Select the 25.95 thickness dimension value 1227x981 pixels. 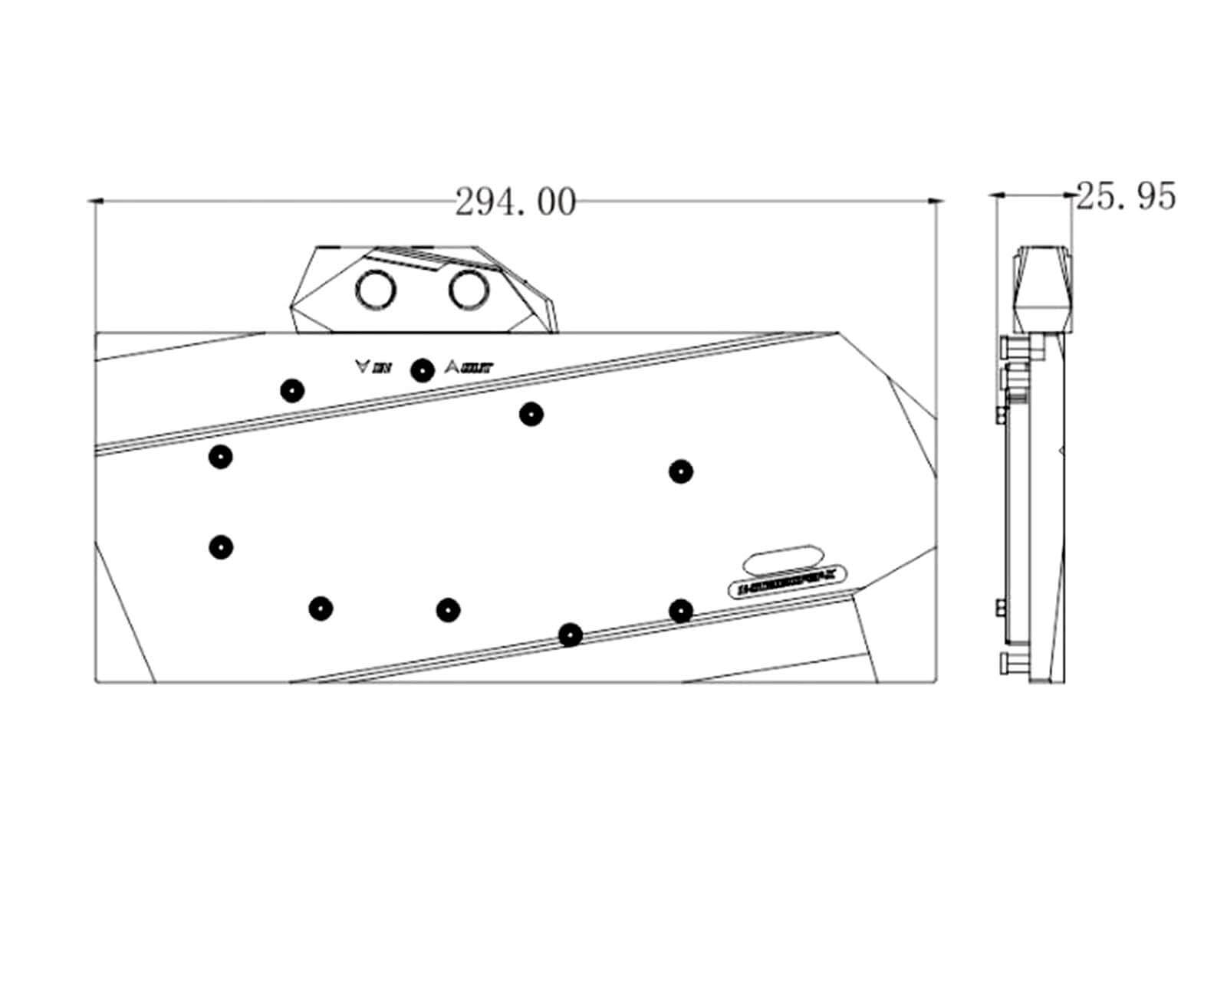click(x=1125, y=197)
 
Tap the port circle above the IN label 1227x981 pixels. click(x=376, y=290)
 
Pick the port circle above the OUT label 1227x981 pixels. click(x=469, y=290)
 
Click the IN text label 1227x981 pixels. click(x=382, y=369)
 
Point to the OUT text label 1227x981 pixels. click(x=476, y=369)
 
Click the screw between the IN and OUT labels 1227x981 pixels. click(x=422, y=370)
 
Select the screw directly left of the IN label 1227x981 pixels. click(x=291, y=390)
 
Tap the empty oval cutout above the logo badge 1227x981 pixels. click(x=783, y=558)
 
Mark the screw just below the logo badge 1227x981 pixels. click(x=680, y=611)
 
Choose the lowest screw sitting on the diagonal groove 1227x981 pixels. click(x=570, y=635)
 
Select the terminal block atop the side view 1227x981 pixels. click(x=1043, y=289)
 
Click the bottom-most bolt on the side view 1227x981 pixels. click(x=1004, y=664)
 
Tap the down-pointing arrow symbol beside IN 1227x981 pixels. click(x=362, y=366)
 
